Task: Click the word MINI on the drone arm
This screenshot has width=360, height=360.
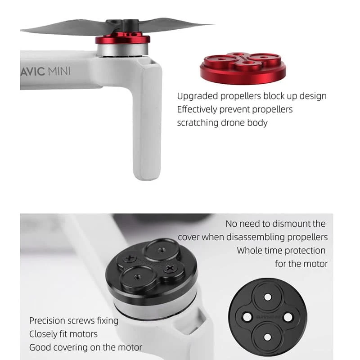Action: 59,71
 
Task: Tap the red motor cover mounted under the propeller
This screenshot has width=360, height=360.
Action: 122,39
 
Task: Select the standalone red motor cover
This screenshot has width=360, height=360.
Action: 243,68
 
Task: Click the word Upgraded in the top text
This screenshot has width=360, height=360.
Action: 197,96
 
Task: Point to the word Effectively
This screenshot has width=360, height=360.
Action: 197,109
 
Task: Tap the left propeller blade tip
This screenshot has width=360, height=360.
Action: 21,30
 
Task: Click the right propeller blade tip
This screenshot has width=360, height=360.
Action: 214,24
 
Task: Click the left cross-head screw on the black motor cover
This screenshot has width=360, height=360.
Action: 130,258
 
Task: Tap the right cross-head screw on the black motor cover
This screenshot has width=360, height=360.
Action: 170,268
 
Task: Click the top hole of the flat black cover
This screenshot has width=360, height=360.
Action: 268,297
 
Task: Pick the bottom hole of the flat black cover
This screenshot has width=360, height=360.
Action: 267,337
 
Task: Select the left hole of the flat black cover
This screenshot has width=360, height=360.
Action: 247,317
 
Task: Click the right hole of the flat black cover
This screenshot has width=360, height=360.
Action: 288,317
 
